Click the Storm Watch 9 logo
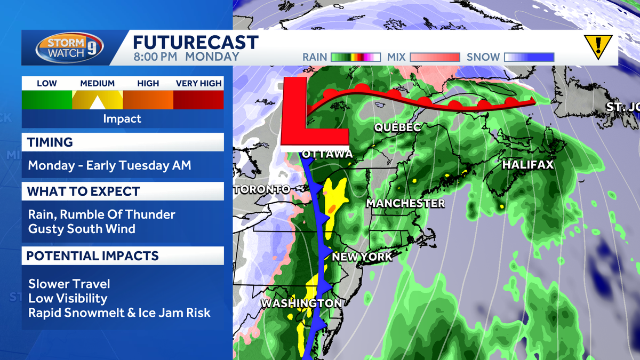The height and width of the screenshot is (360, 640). (70, 48)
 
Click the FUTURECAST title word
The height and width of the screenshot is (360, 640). (195, 43)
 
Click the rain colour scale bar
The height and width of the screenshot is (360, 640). (355, 57)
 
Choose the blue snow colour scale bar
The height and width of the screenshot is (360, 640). (529, 57)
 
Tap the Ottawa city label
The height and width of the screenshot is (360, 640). (327, 154)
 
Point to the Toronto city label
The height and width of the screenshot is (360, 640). (261, 189)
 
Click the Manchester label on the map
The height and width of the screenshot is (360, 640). (405, 203)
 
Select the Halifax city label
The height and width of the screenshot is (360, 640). (527, 165)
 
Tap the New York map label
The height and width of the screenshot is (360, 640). (362, 257)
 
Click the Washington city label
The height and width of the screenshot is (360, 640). (301, 303)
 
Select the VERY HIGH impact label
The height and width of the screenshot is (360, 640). (198, 83)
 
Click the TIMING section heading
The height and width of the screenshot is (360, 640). (50, 142)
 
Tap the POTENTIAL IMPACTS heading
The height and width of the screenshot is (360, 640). (93, 256)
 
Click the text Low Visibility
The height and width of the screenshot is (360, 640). (68, 298)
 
